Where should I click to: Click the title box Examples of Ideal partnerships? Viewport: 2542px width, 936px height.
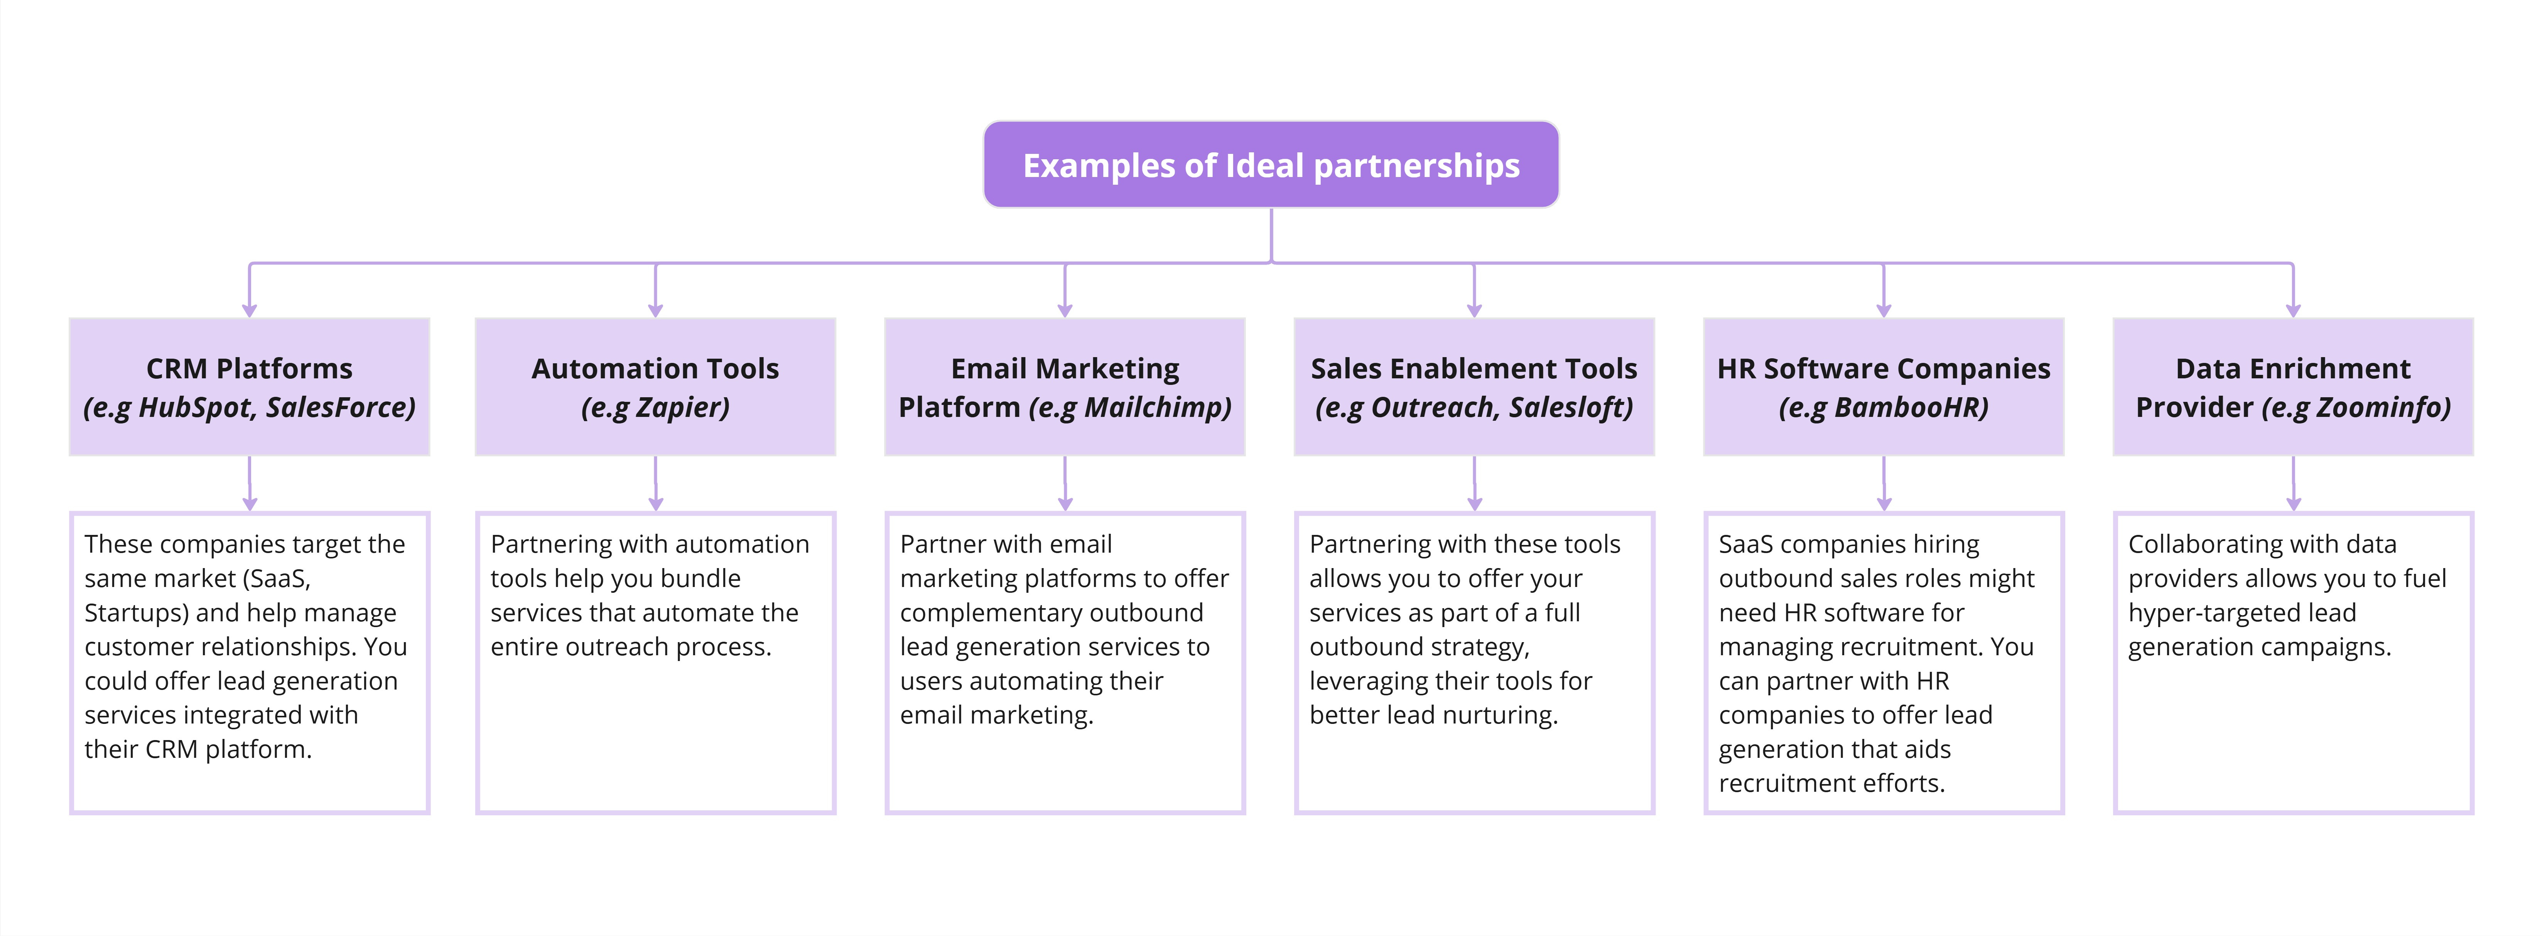[1271, 165]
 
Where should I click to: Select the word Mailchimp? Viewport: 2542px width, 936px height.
[1156, 407]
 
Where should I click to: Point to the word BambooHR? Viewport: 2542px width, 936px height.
[1911, 407]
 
